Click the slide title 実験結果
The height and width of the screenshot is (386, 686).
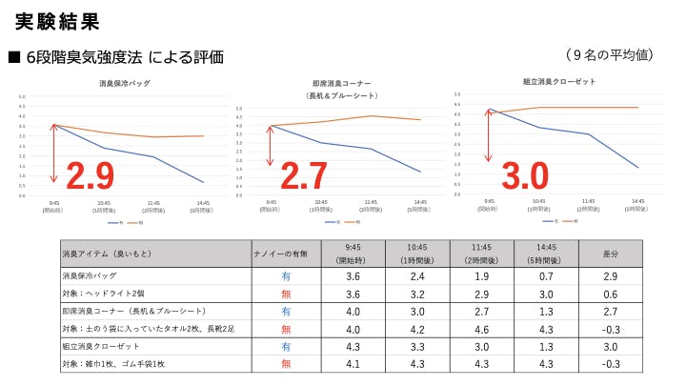58,20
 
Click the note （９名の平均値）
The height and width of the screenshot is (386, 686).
609,54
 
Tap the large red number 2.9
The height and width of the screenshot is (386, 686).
91,175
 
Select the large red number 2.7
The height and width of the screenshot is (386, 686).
302,175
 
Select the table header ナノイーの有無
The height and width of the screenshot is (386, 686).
286,254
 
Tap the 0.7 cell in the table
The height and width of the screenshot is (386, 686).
545,275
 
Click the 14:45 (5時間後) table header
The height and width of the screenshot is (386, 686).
545,254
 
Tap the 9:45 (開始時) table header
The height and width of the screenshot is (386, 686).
353,254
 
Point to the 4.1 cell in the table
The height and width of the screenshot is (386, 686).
353,363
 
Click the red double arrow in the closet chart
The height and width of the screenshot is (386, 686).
488,134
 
